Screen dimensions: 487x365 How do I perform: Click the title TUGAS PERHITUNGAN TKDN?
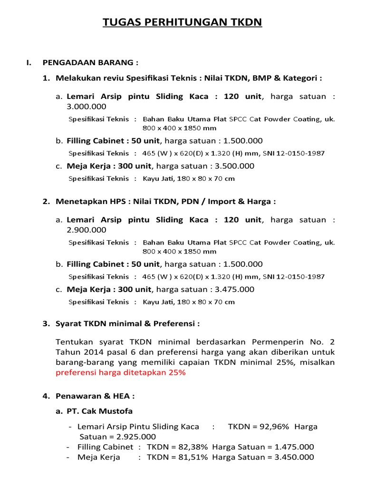(182, 22)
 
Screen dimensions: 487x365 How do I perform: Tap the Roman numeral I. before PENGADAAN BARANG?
(29, 62)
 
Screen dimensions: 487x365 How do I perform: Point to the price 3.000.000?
(86, 107)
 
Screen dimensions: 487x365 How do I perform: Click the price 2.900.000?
(86, 230)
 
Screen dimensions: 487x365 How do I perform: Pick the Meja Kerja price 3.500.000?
(230, 166)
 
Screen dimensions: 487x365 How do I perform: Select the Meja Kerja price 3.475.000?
(230, 289)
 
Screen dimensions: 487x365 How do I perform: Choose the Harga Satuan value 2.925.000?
(134, 437)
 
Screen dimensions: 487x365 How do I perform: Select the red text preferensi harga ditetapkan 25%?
(121, 372)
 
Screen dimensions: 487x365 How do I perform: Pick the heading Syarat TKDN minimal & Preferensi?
(127, 324)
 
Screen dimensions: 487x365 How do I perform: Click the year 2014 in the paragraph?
(94, 352)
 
